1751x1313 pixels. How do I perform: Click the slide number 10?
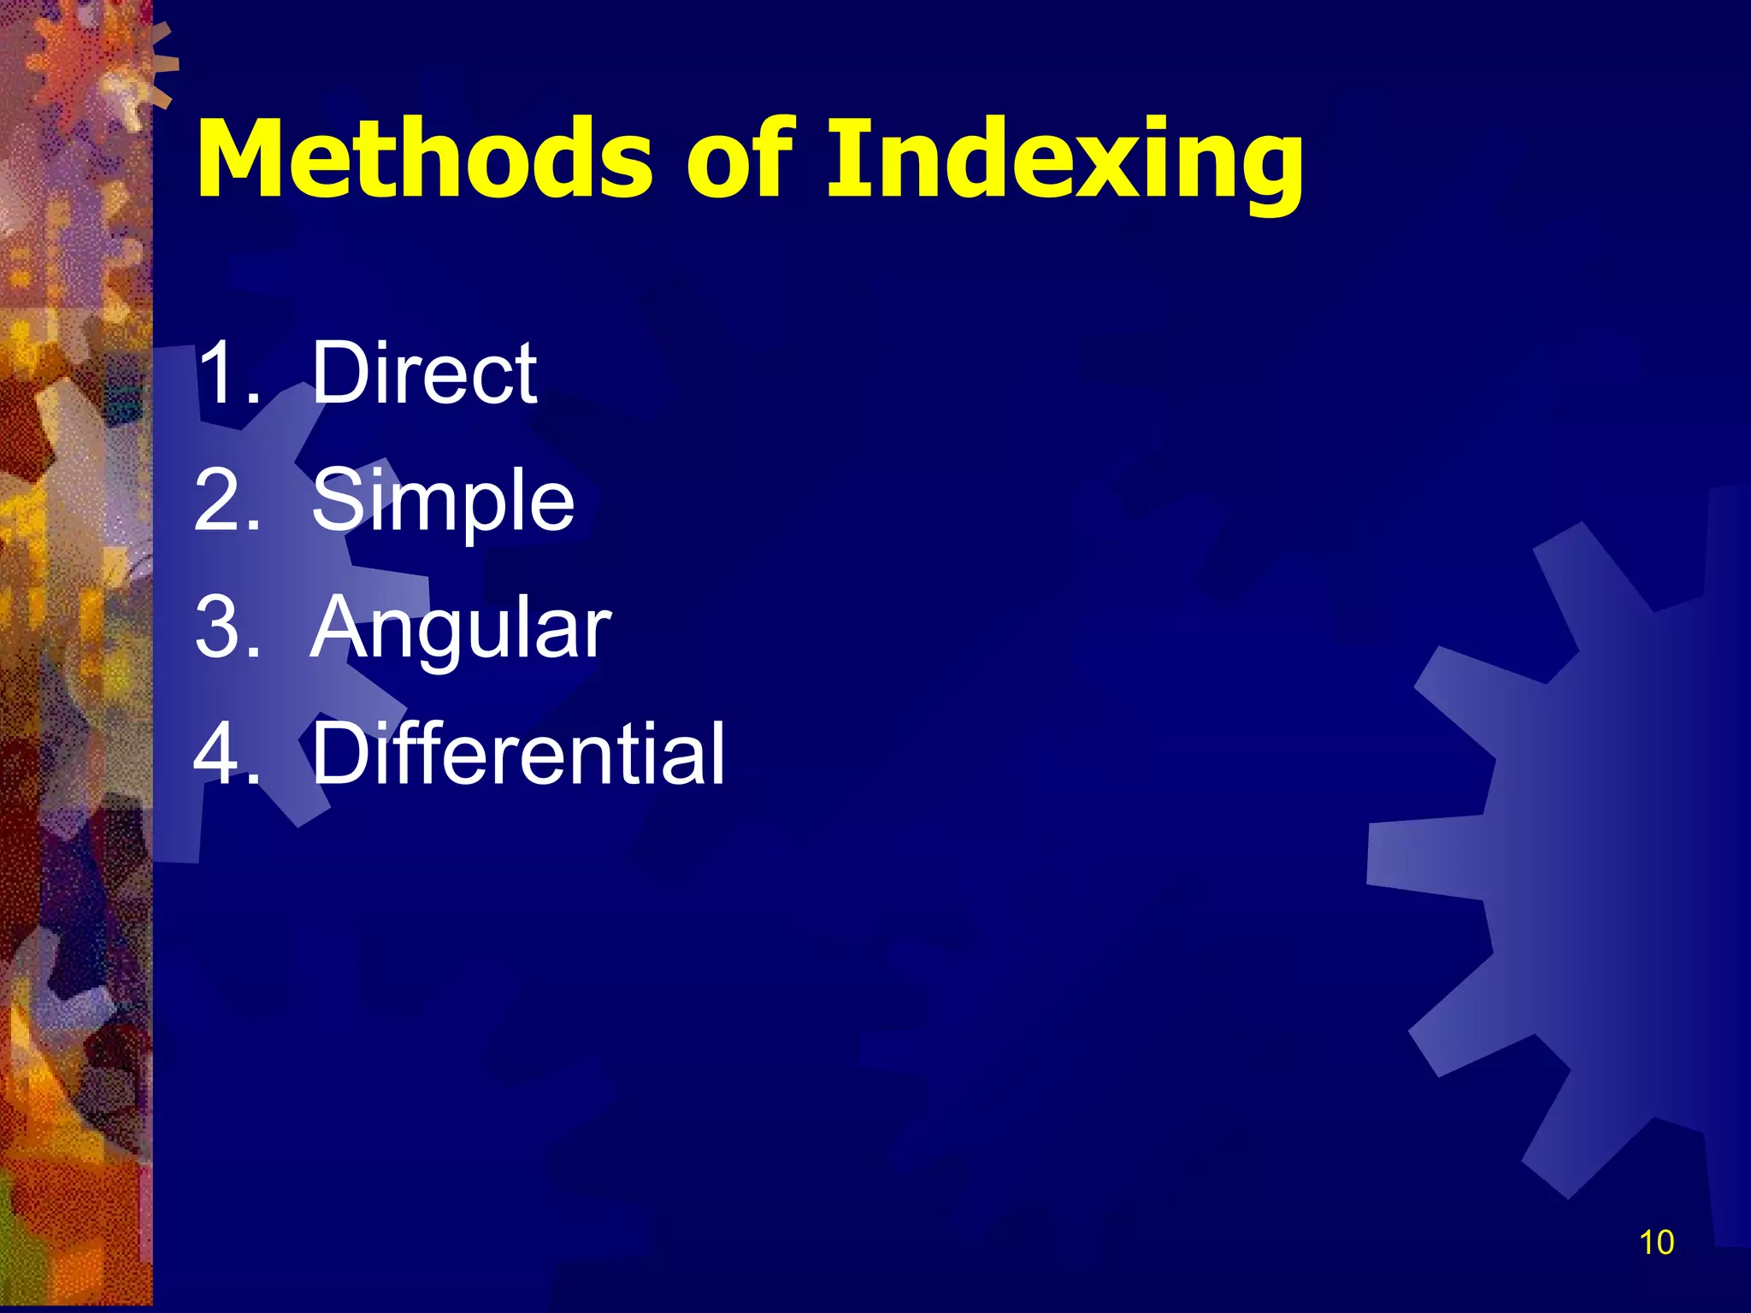point(1656,1242)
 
